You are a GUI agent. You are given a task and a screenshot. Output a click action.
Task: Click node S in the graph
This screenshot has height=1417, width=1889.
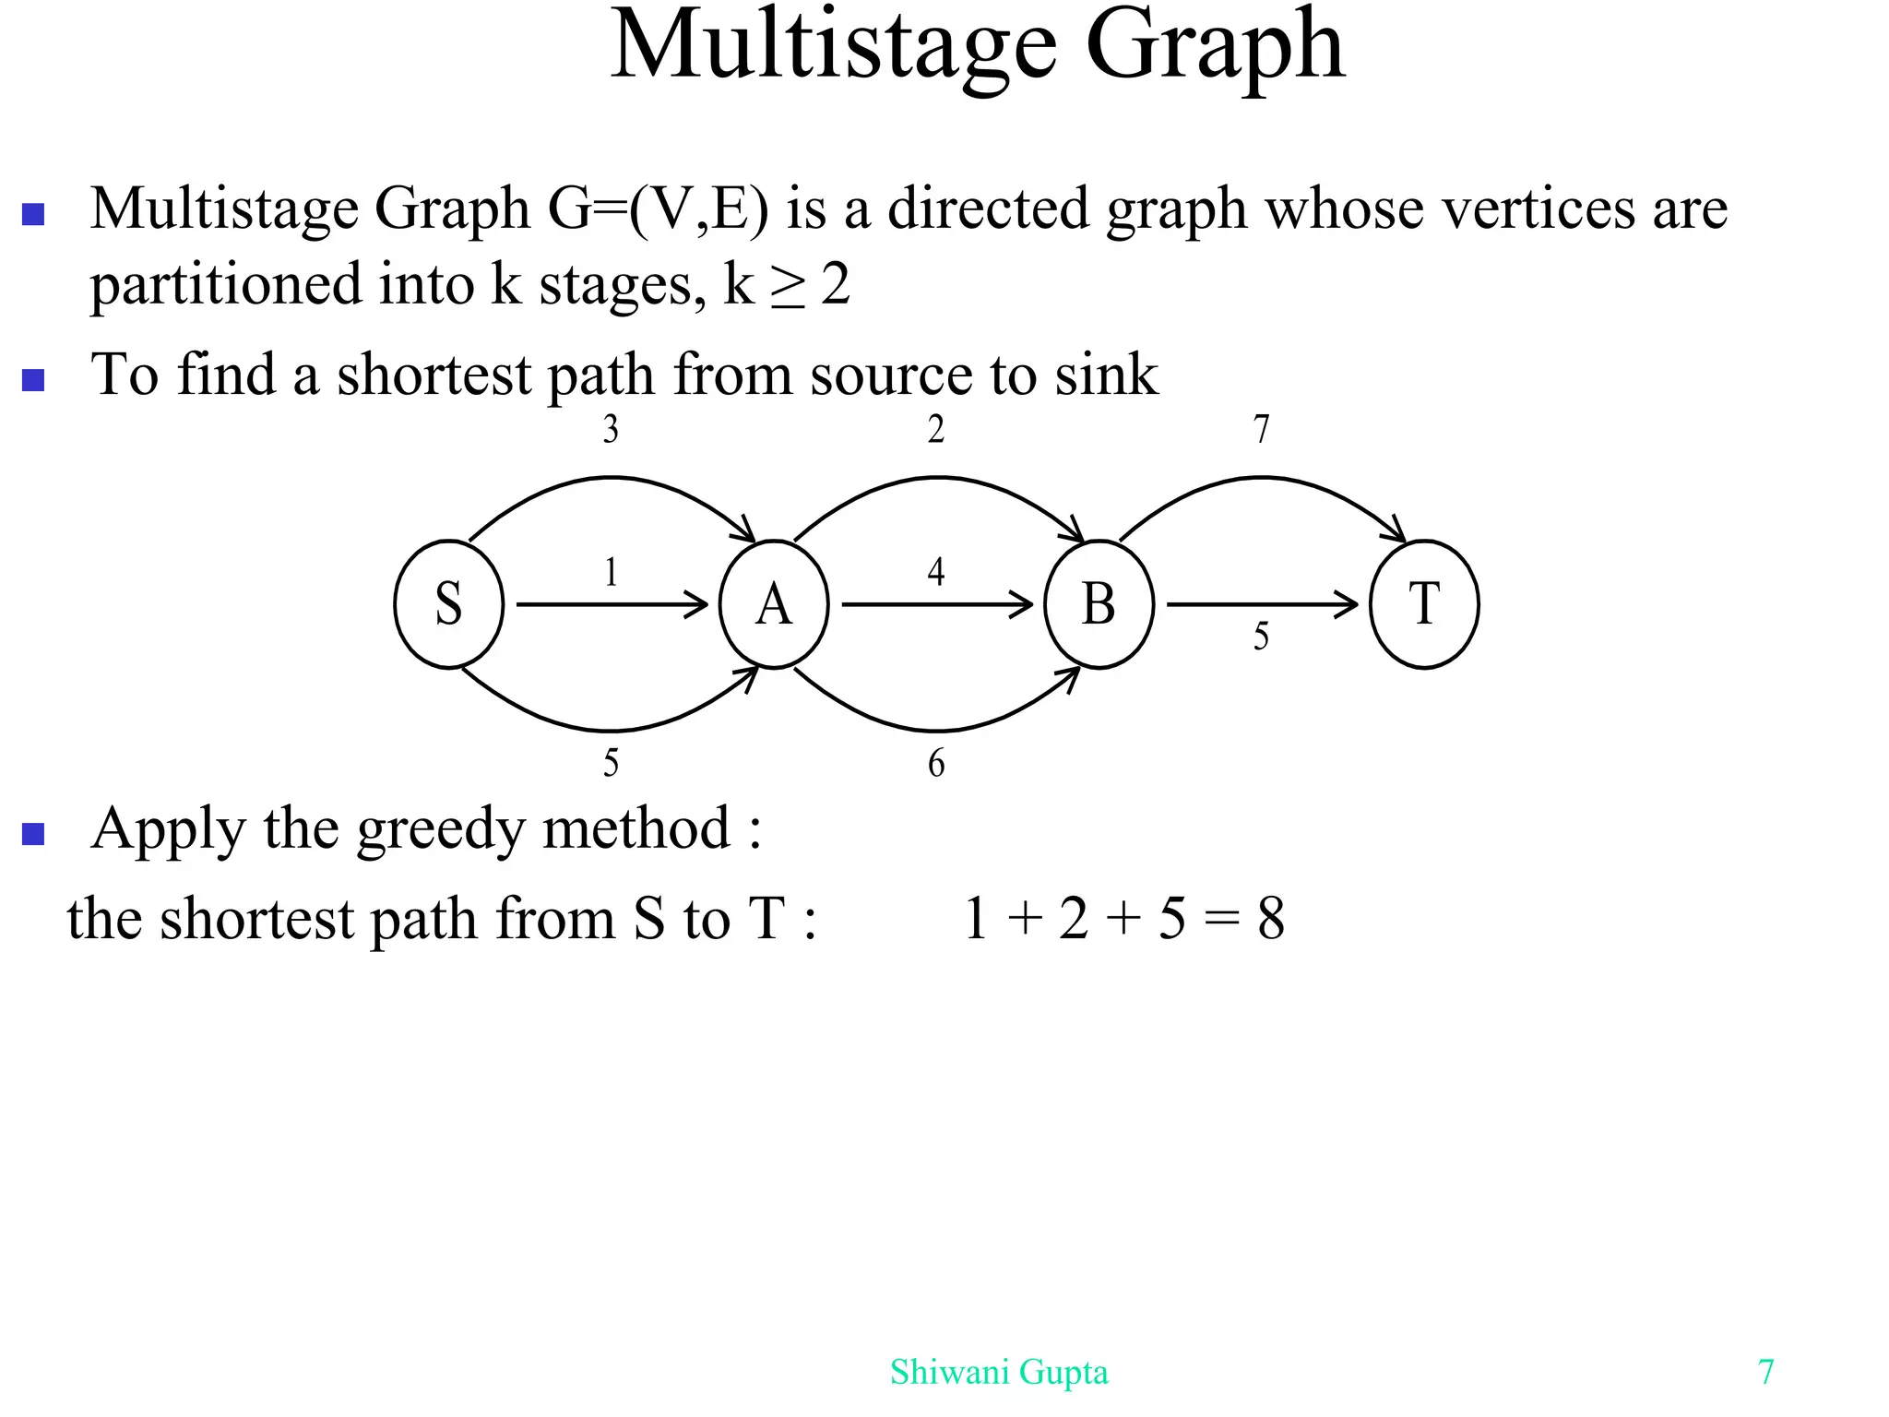click(x=448, y=604)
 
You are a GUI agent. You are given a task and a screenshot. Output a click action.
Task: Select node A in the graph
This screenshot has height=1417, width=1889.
click(x=774, y=604)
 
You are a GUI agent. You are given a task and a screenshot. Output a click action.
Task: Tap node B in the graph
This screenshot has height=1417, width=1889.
click(x=1099, y=604)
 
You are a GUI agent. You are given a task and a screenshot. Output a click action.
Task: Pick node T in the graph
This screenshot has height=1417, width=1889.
click(x=1424, y=604)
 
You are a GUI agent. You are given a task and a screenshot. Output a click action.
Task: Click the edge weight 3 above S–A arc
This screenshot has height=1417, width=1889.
click(x=611, y=430)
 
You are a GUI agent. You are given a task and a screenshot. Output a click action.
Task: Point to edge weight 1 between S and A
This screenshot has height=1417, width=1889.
click(x=611, y=573)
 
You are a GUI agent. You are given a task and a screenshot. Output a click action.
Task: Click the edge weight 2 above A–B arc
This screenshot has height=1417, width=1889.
click(x=936, y=430)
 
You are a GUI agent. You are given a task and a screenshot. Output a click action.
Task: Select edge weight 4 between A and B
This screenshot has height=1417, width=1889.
click(x=936, y=572)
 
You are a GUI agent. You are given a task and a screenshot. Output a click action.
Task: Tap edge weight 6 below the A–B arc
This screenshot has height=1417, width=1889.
click(x=936, y=764)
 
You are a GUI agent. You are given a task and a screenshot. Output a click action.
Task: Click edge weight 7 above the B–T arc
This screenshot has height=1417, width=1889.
click(x=1262, y=430)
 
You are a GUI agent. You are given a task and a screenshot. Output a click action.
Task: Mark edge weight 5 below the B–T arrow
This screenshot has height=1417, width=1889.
click(x=1262, y=637)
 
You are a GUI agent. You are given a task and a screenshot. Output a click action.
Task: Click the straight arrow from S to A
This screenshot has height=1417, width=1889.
click(x=611, y=605)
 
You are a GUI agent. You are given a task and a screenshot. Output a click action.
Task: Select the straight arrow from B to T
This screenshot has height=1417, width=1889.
click(x=1262, y=605)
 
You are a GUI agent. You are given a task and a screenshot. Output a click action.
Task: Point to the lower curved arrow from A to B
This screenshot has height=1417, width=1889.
click(x=936, y=730)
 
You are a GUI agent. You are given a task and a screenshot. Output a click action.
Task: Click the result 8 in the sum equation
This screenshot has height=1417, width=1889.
click(x=1271, y=919)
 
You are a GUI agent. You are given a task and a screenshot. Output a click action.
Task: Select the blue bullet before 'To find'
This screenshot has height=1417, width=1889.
click(x=33, y=379)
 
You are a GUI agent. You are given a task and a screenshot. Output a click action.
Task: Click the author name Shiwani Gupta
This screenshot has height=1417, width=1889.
click(x=999, y=1373)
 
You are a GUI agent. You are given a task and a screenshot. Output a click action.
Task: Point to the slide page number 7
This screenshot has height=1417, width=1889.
click(x=1765, y=1373)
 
